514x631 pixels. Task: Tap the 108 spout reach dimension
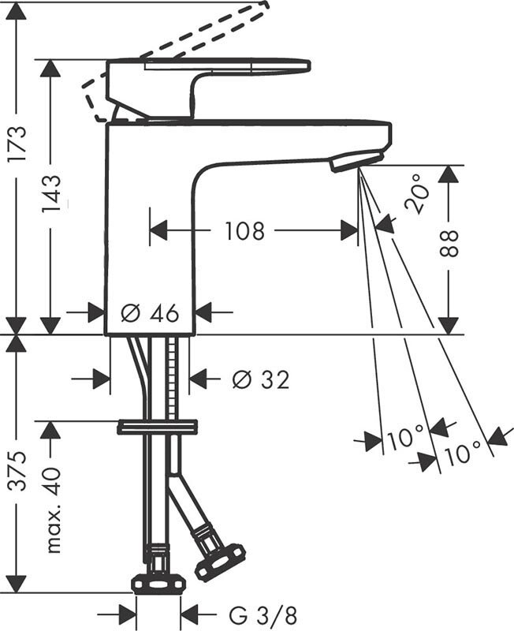(x=244, y=230)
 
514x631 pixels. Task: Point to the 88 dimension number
(x=449, y=243)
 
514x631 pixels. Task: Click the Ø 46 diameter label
(x=150, y=312)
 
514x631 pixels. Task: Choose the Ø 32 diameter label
(x=261, y=379)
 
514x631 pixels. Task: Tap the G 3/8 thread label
(x=263, y=615)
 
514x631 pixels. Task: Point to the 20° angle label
(x=417, y=193)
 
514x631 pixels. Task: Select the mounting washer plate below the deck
(x=157, y=427)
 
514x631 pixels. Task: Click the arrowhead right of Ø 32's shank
(x=197, y=379)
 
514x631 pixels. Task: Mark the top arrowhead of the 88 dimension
(x=449, y=174)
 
